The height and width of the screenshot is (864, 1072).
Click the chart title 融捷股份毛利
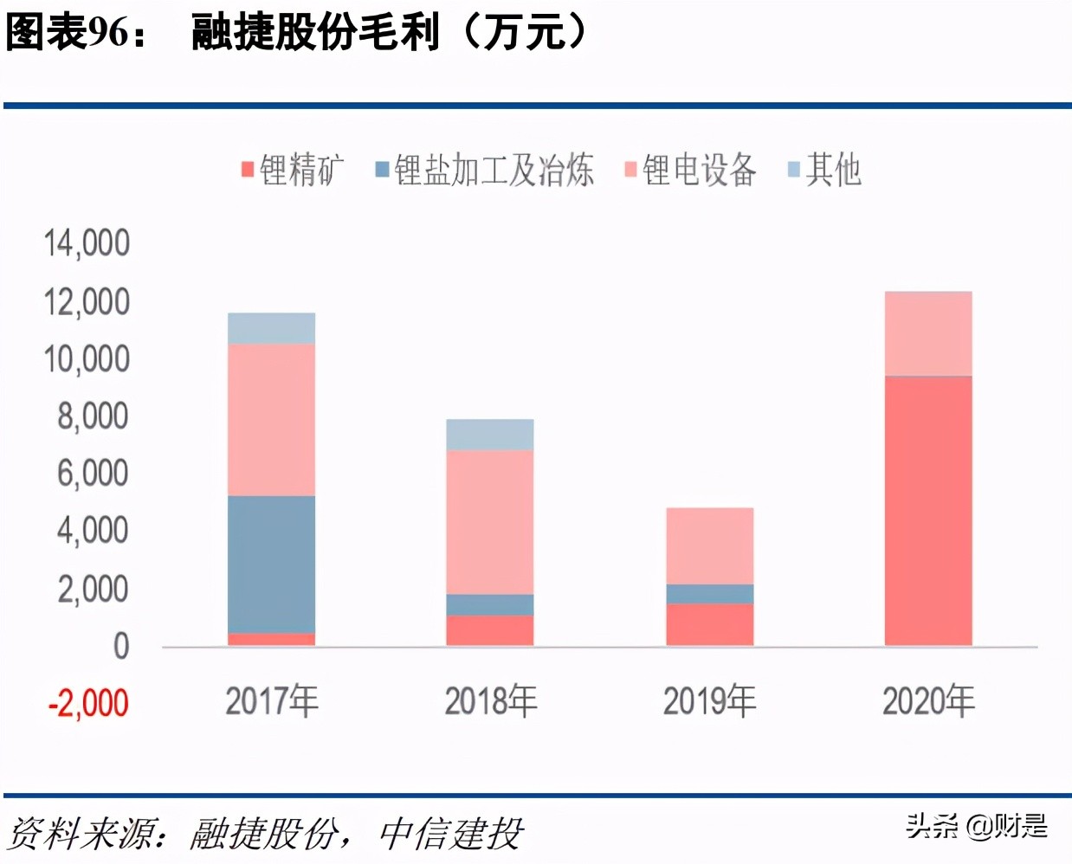[x=315, y=33]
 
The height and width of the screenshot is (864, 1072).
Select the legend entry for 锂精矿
[x=293, y=170]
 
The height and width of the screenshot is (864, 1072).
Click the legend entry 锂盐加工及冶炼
[x=485, y=170]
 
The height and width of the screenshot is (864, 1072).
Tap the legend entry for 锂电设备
[x=690, y=170]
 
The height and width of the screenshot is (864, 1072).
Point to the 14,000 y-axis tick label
[x=87, y=243]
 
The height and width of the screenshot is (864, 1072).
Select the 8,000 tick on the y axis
[x=93, y=416]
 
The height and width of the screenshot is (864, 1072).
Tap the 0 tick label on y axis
[x=120, y=647]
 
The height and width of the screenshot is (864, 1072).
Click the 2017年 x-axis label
[x=272, y=700]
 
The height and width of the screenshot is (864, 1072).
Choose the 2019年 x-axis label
[x=709, y=700]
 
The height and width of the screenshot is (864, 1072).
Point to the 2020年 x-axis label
[x=928, y=700]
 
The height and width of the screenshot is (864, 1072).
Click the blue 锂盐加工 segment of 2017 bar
[x=271, y=564]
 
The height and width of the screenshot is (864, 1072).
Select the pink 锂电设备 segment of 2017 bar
[x=271, y=420]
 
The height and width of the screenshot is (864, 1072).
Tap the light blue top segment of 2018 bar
[x=490, y=435]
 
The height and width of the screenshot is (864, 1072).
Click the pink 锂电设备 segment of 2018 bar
[x=490, y=522]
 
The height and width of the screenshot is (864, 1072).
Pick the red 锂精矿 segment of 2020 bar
[x=928, y=511]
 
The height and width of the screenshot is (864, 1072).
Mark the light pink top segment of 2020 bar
[x=928, y=333]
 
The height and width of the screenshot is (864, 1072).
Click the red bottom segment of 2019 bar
[x=709, y=624]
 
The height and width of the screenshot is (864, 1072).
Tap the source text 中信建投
[x=451, y=835]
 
